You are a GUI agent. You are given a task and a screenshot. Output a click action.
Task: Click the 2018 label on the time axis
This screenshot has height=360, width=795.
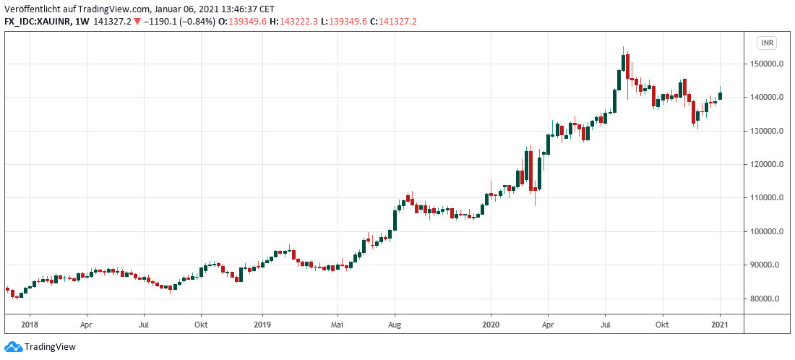(x=30, y=324)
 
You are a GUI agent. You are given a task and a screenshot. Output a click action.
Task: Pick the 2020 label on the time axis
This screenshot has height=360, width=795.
(x=491, y=324)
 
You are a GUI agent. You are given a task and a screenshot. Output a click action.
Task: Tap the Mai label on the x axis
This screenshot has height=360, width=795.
(x=337, y=324)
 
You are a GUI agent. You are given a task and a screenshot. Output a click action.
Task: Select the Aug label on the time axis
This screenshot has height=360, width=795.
(x=394, y=324)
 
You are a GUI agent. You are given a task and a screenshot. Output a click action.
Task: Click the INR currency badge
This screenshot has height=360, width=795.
(x=767, y=43)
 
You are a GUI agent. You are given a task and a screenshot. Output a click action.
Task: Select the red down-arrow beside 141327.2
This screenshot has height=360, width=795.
(x=138, y=22)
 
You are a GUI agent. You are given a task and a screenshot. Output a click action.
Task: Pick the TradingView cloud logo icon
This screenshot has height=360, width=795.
(x=12, y=347)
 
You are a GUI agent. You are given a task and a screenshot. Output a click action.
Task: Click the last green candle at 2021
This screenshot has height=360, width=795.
(x=720, y=95)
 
